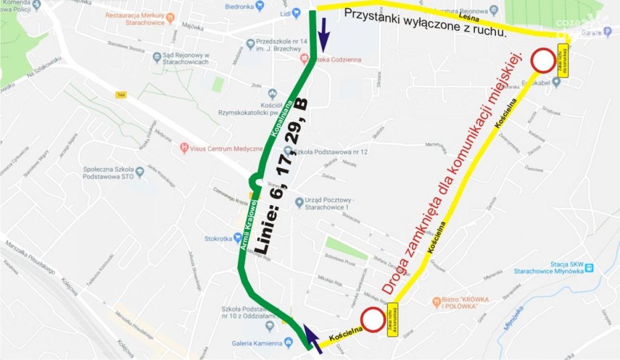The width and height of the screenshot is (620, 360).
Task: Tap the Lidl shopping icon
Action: point(296,13)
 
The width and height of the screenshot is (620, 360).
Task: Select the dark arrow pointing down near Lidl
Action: point(324,32)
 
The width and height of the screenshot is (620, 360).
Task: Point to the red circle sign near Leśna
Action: point(543,60)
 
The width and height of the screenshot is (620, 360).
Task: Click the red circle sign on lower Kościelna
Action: point(373,320)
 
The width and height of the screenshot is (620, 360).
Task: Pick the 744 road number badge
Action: point(121,95)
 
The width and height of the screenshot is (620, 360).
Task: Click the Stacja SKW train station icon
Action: point(589,267)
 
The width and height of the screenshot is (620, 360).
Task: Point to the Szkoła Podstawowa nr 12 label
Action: point(326,152)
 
